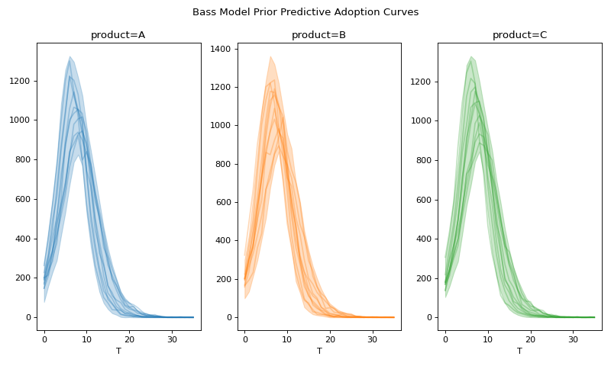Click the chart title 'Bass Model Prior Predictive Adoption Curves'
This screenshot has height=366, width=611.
point(305,12)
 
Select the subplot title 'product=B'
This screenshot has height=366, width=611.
point(318,35)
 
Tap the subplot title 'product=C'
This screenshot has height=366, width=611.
point(519,35)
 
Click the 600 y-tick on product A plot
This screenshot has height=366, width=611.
point(24,199)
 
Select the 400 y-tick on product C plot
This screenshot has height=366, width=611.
point(425,239)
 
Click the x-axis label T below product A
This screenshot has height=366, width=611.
point(118,351)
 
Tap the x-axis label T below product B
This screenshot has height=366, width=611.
point(319,351)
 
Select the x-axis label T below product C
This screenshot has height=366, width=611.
point(519,351)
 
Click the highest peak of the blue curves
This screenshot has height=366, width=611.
point(70,56)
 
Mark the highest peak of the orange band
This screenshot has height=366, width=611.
point(270,56)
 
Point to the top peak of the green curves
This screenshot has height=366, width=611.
point(471,56)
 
